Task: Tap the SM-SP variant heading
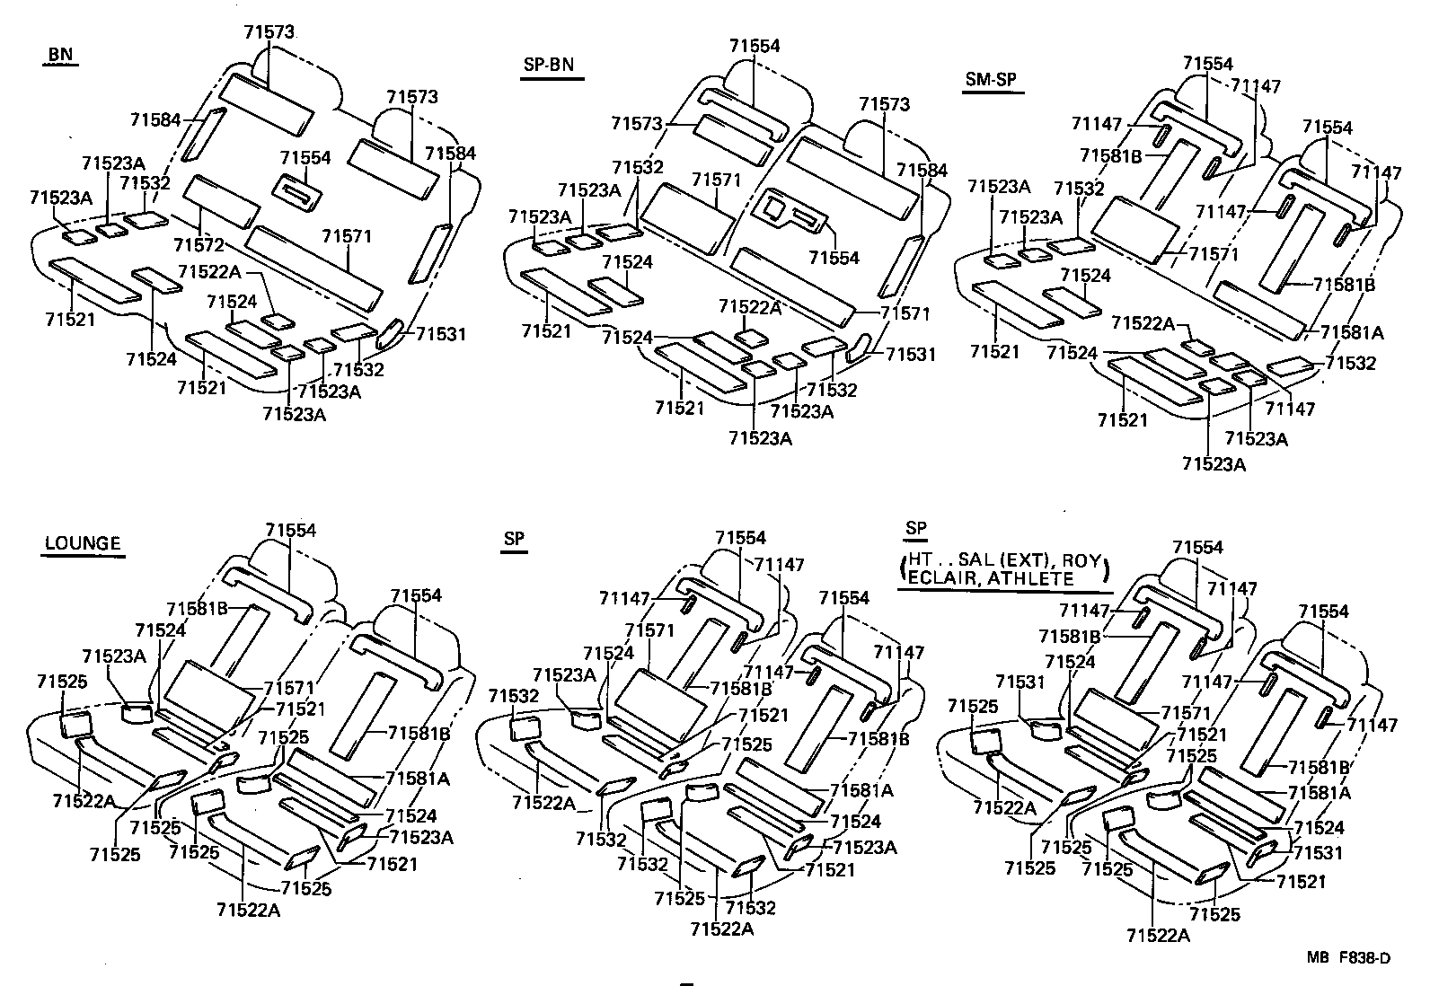(990, 79)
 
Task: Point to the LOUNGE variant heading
(83, 542)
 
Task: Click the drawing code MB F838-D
(1348, 958)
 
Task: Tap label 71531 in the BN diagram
(441, 334)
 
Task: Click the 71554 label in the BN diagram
(305, 157)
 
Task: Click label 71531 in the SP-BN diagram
(911, 354)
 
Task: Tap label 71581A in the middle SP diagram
(861, 790)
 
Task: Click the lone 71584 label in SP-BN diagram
(922, 169)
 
